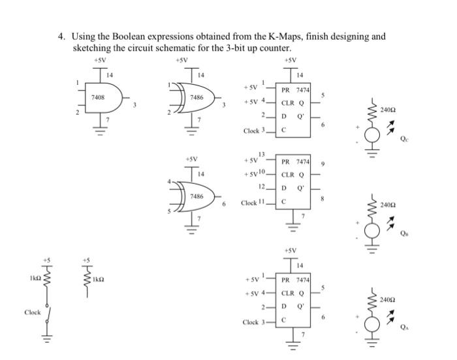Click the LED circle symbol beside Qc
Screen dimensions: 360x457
click(372, 134)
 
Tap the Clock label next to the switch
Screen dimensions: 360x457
click(33, 312)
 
